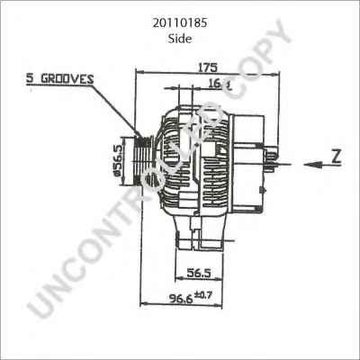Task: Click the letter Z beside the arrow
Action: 336,155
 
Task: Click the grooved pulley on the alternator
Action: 142,161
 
